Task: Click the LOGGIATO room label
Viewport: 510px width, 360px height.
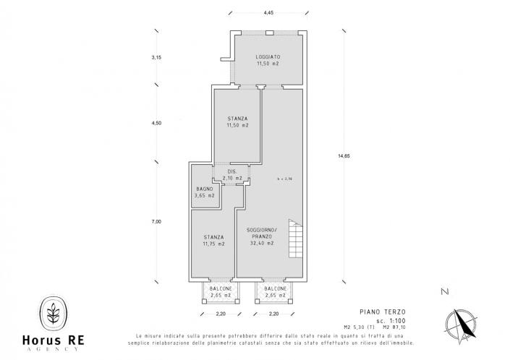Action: click(x=268, y=56)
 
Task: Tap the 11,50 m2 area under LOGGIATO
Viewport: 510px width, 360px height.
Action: click(x=268, y=64)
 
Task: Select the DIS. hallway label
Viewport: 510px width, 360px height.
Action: click(x=232, y=171)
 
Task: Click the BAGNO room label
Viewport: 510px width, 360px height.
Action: click(x=204, y=189)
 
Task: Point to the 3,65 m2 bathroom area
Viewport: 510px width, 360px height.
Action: click(x=205, y=196)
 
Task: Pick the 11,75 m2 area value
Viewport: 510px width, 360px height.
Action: click(x=213, y=244)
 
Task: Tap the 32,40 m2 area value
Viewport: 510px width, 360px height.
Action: click(x=261, y=244)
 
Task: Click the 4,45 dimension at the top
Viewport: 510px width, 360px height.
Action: click(x=268, y=13)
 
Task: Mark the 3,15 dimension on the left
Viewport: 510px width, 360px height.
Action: click(x=156, y=57)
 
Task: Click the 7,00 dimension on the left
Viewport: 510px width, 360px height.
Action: click(x=156, y=222)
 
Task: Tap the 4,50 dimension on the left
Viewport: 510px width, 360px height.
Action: click(x=156, y=124)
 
